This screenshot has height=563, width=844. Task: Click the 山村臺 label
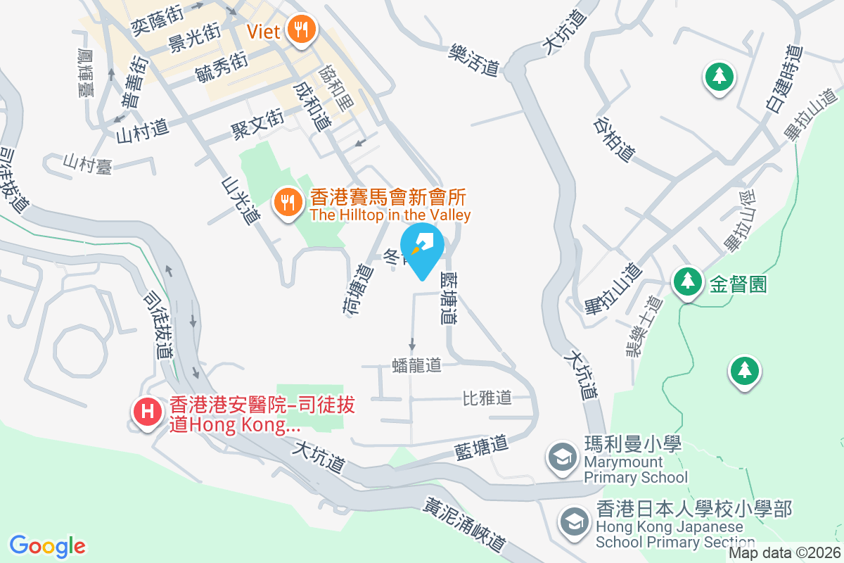click(87, 164)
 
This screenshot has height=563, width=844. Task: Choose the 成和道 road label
click(312, 107)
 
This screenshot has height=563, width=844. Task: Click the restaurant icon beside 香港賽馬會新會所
click(288, 203)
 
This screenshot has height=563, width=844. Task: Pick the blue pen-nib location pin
click(422, 248)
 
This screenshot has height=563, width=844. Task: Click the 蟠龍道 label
click(416, 365)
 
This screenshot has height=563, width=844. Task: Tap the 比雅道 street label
click(487, 398)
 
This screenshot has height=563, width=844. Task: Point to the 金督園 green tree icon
click(686, 281)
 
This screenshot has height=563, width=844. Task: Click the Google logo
click(47, 546)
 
